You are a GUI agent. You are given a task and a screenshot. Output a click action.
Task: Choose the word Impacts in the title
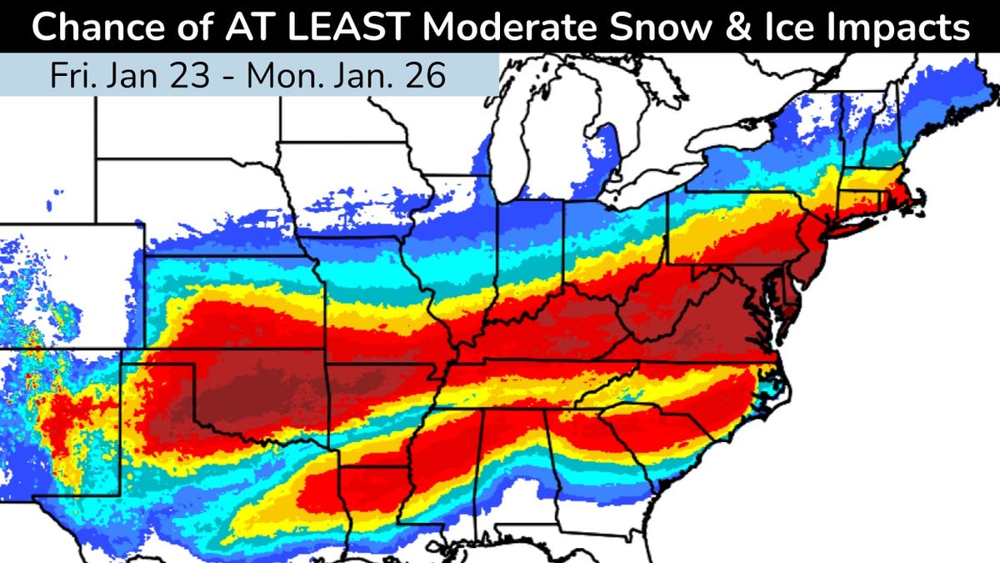coord(897,28)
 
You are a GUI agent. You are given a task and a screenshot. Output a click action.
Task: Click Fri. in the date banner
coord(72,75)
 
